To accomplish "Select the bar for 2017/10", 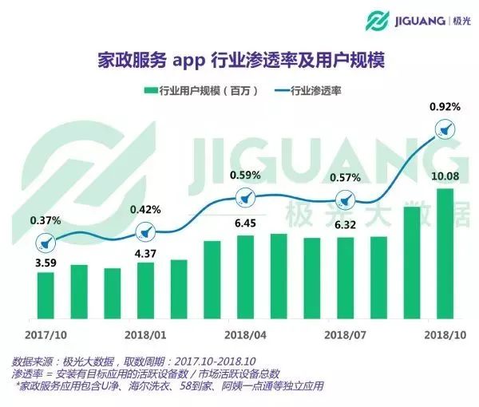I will click(46, 294).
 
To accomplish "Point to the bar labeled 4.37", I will click(145, 289).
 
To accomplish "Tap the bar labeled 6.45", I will click(245, 275).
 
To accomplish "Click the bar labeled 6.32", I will click(346, 277).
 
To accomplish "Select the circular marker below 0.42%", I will click(145, 233).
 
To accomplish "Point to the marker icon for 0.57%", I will click(346, 201).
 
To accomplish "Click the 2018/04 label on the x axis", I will click(245, 334).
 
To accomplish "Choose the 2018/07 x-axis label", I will click(346, 334).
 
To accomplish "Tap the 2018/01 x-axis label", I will click(145, 334).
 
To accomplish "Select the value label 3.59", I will click(46, 261).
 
